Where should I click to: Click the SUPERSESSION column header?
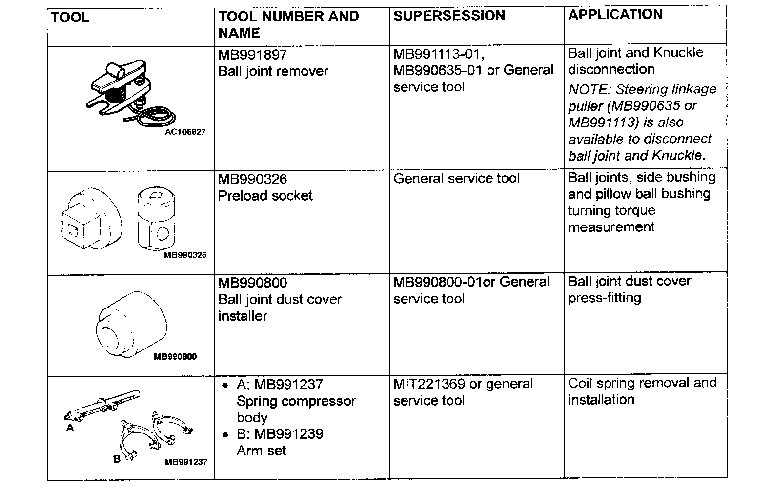click(449, 16)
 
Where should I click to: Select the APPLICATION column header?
click(615, 14)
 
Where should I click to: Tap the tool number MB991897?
click(252, 54)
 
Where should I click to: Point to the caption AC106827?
click(185, 132)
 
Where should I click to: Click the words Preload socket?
click(265, 196)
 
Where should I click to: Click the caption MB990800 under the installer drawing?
click(175, 357)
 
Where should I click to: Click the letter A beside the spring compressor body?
click(70, 428)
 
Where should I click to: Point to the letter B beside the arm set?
click(117, 459)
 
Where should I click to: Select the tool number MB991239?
click(288, 434)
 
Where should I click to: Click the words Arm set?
click(261, 451)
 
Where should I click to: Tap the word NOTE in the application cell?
click(589, 90)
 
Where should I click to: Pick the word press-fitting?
click(604, 298)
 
